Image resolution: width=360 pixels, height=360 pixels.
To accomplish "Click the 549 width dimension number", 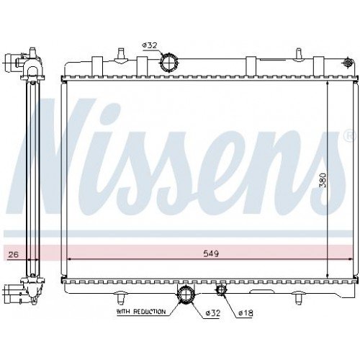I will coord(210,253).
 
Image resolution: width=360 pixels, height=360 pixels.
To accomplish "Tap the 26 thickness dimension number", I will coord(12,254).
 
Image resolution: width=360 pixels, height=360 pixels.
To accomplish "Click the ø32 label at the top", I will coord(150,45).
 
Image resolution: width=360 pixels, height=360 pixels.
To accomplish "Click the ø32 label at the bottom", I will coord(211,312).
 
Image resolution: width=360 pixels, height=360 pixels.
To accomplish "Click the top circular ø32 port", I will coord(168,63).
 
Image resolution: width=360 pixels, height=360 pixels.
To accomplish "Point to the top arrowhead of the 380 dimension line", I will coord(328,84).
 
